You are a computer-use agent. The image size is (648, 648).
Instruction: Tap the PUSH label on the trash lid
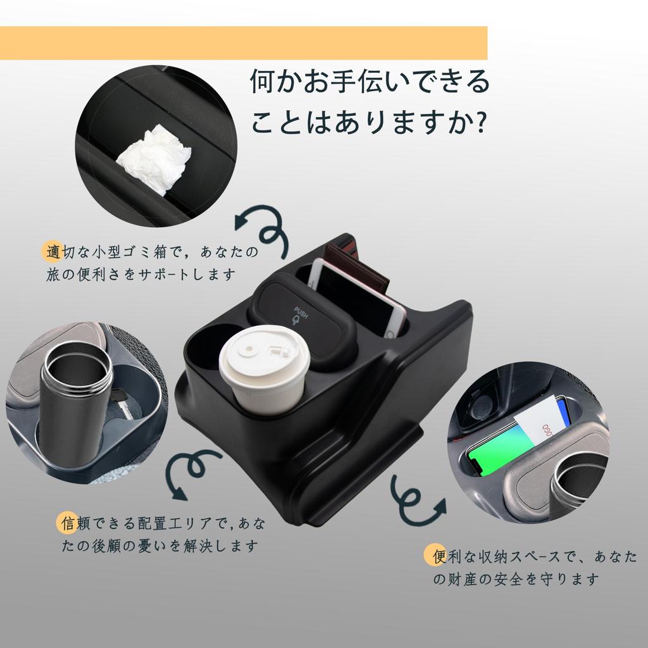(x=301, y=313)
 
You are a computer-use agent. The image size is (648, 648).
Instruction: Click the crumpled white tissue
(x=155, y=158)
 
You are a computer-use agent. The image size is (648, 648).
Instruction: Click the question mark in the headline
(x=480, y=123)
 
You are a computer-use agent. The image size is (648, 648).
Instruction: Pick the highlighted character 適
(x=54, y=252)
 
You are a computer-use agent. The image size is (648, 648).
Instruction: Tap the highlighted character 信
(x=68, y=523)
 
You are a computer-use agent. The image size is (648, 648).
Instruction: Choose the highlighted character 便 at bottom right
(x=439, y=557)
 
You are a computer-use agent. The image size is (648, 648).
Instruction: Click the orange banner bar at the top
(x=244, y=43)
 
